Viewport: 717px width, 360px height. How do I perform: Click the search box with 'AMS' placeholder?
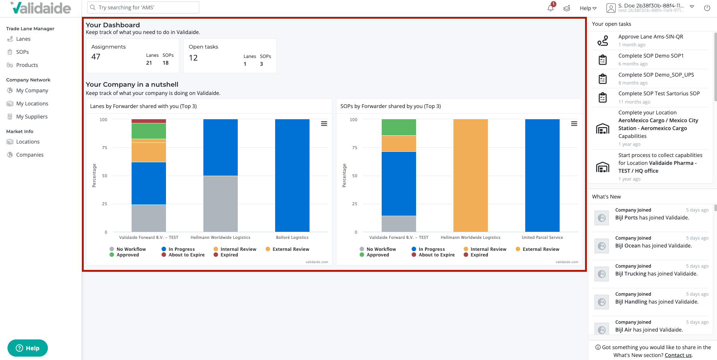click(143, 7)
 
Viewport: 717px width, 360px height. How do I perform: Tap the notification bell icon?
click(551, 8)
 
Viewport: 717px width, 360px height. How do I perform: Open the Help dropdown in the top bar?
click(588, 8)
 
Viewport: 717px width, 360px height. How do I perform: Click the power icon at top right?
click(707, 8)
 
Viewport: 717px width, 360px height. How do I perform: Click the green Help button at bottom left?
click(28, 348)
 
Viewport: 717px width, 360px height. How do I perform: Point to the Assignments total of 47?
click(96, 57)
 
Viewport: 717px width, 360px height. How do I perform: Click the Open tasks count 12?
click(193, 58)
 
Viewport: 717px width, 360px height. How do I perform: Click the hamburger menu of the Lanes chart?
click(324, 124)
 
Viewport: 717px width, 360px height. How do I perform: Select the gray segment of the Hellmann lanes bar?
click(221, 204)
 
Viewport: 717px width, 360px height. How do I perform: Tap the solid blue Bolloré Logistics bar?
click(292, 175)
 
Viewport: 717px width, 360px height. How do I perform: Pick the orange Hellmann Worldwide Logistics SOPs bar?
click(471, 175)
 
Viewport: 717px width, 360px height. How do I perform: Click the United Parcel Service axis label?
click(542, 237)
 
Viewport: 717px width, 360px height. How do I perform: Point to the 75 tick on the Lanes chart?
click(105, 148)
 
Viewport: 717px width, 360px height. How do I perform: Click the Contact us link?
click(678, 355)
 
